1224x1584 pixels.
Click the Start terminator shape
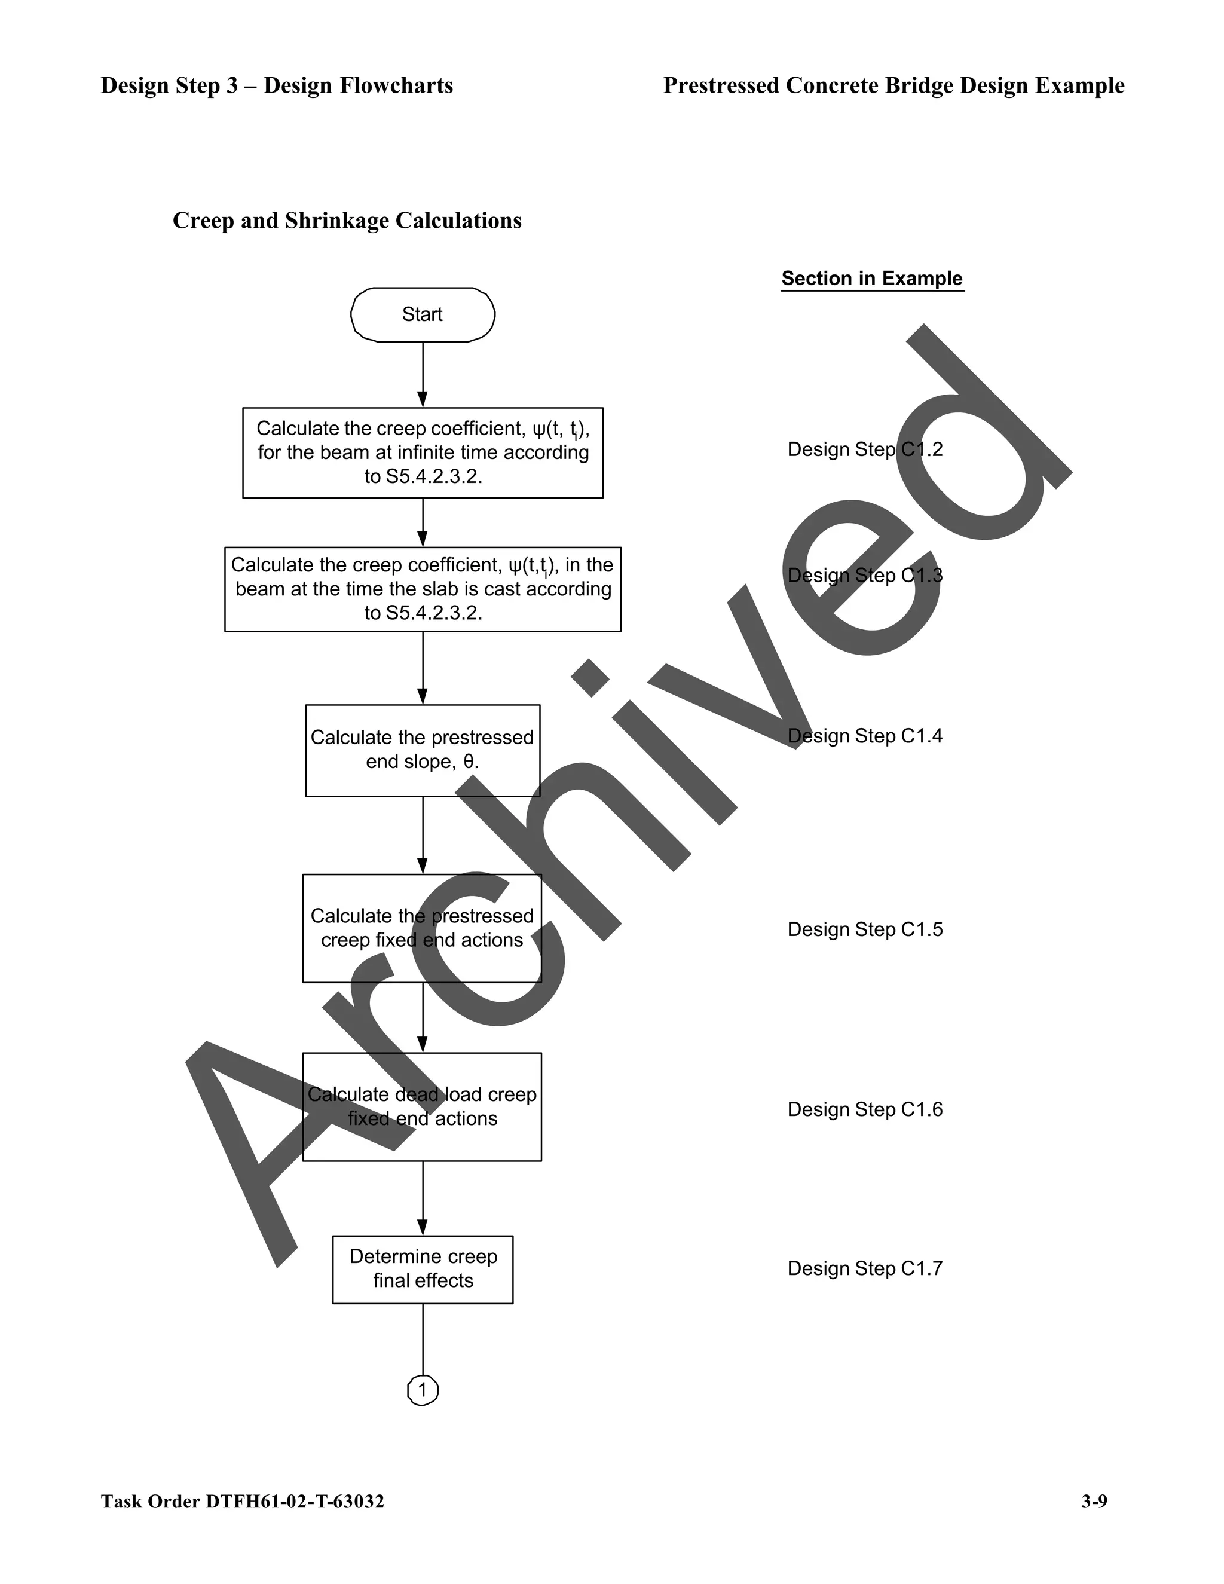click(423, 315)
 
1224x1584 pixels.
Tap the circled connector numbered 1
click(423, 1390)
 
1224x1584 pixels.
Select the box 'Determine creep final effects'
click(423, 1269)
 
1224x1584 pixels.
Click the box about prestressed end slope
click(423, 750)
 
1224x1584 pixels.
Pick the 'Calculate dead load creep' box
click(422, 1107)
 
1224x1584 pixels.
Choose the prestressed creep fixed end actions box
click(422, 928)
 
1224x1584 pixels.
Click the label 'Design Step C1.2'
click(865, 449)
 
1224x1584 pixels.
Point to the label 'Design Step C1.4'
click(865, 736)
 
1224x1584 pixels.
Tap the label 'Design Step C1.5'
click(865, 930)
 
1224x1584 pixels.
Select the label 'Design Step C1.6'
click(865, 1109)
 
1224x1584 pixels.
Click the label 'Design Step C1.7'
click(865, 1268)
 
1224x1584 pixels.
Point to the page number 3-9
click(1094, 1502)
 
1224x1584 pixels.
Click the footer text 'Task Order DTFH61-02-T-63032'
click(242, 1502)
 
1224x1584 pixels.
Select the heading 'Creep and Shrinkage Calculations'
click(347, 221)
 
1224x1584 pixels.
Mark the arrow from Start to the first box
click(423, 374)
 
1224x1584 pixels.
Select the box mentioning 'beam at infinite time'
click(423, 452)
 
